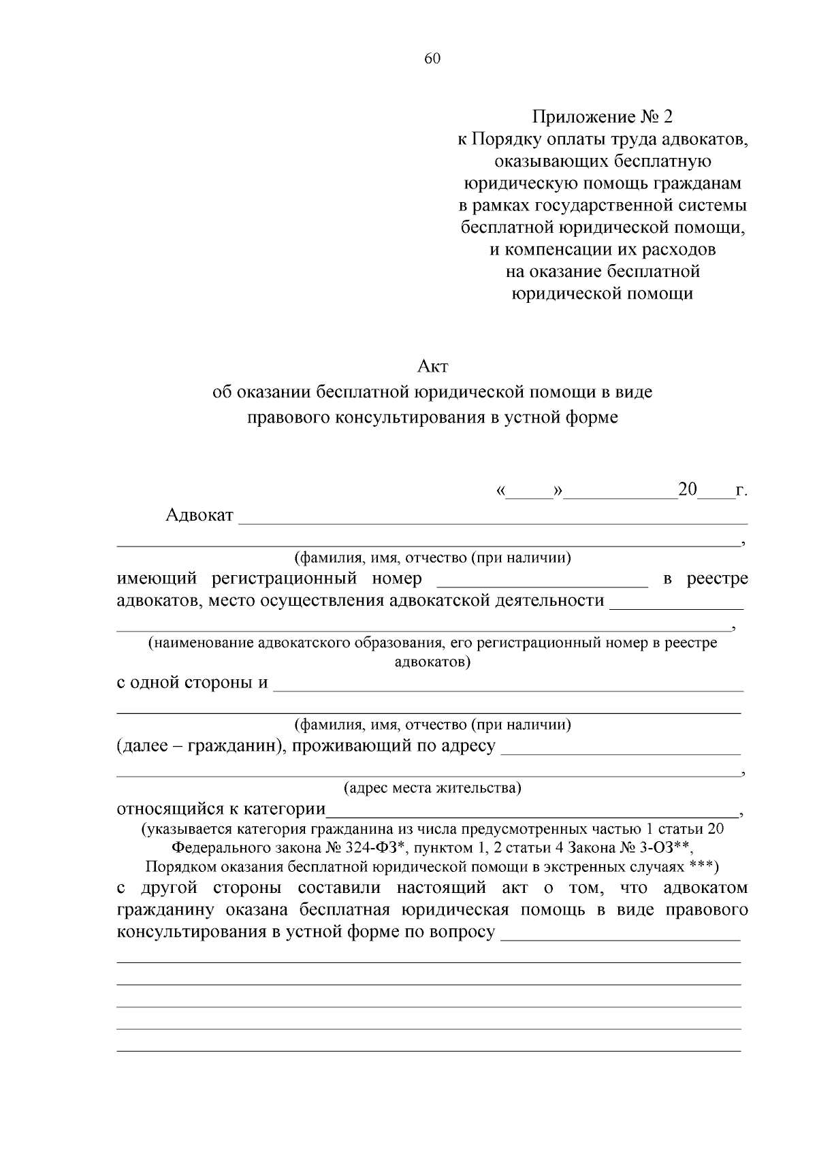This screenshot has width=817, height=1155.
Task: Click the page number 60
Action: (x=432, y=59)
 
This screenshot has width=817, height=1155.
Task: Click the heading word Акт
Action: (x=432, y=366)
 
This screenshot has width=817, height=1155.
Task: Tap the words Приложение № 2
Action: (x=602, y=117)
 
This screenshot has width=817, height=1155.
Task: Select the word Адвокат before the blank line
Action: (x=199, y=515)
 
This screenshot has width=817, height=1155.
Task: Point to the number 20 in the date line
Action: (x=688, y=489)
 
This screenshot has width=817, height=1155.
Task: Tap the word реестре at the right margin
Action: (x=717, y=579)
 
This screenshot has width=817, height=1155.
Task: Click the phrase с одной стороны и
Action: (x=193, y=682)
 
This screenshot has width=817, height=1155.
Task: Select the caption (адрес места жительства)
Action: (x=432, y=788)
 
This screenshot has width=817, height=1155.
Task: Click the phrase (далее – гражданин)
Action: (x=197, y=745)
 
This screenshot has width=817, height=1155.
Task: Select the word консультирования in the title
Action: (x=408, y=417)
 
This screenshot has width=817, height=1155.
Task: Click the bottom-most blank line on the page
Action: (x=429, y=1051)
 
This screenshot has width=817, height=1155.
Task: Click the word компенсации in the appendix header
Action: (x=568, y=249)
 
